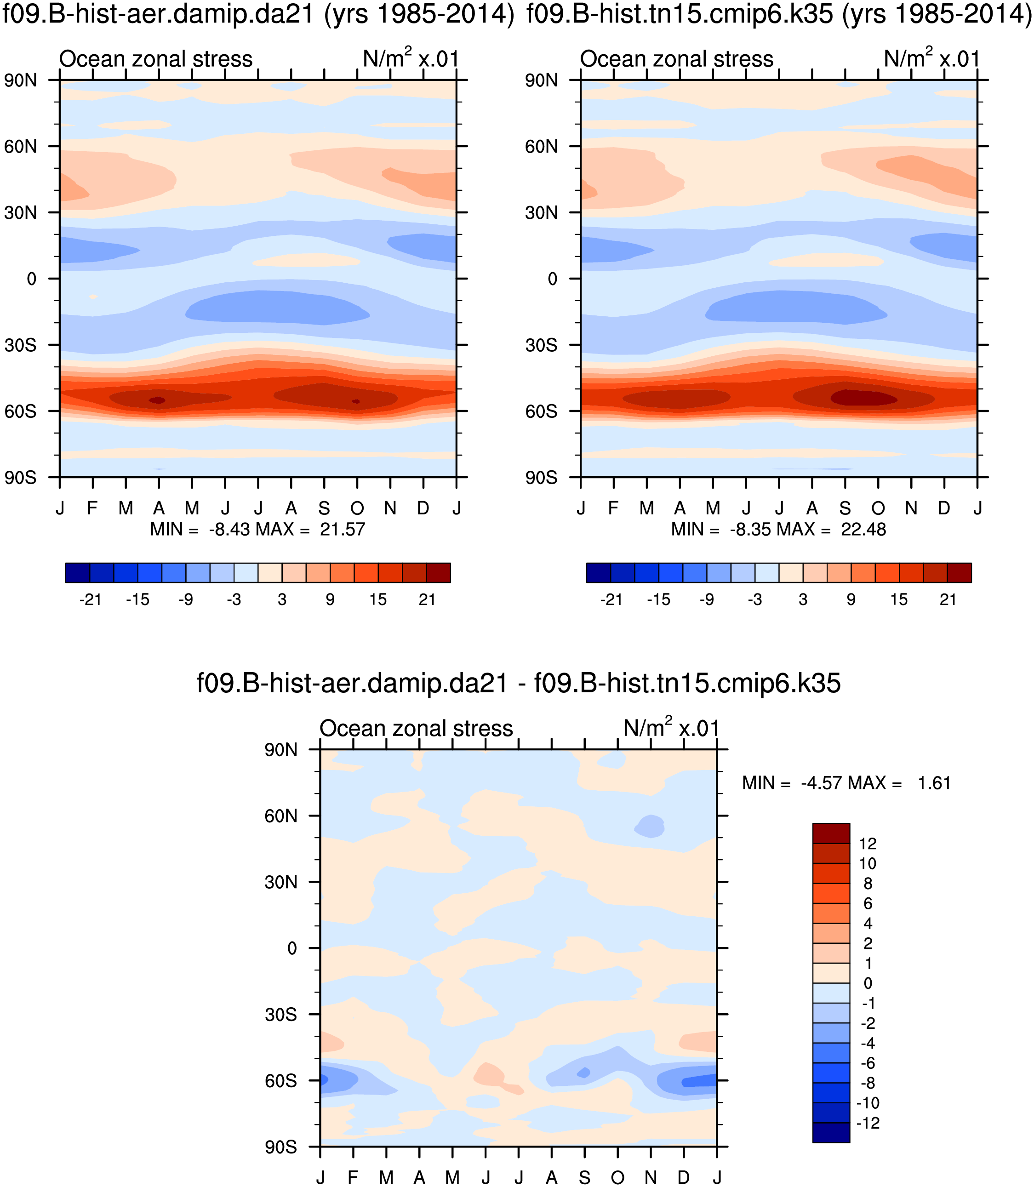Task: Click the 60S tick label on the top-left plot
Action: (20, 411)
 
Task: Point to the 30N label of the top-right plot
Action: (541, 213)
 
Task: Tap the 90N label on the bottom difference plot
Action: (280, 750)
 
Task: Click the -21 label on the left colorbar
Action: (90, 600)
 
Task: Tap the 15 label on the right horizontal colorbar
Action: (898, 600)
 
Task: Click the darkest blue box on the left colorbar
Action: (78, 573)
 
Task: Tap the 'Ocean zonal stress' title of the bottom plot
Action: (416, 729)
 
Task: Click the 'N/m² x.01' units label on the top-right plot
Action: (931, 59)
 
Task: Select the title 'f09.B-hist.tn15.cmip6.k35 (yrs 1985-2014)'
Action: (778, 14)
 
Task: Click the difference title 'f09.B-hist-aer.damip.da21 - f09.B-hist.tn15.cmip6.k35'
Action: (518, 683)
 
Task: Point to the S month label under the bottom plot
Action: (584, 1178)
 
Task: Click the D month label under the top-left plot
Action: (423, 508)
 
